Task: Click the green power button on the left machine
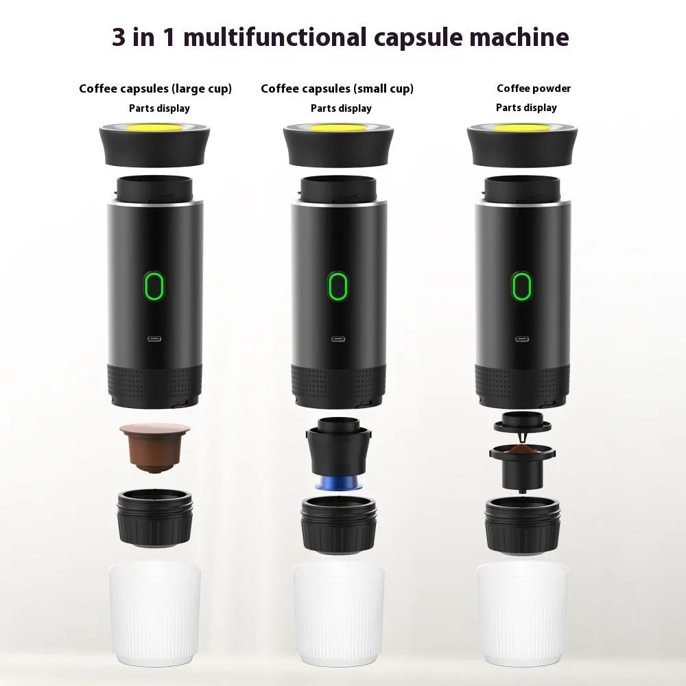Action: tap(154, 285)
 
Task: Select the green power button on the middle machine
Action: tap(336, 285)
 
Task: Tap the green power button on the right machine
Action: tap(521, 285)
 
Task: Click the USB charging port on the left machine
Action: tap(154, 338)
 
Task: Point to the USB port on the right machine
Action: tap(521, 338)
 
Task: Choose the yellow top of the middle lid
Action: tap(336, 128)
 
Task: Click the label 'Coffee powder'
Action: tap(534, 88)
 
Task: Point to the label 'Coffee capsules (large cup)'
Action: tap(155, 88)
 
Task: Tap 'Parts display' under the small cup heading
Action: tap(341, 108)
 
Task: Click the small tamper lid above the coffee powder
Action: tap(523, 421)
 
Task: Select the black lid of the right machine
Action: tap(523, 144)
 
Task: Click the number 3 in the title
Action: tap(120, 37)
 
